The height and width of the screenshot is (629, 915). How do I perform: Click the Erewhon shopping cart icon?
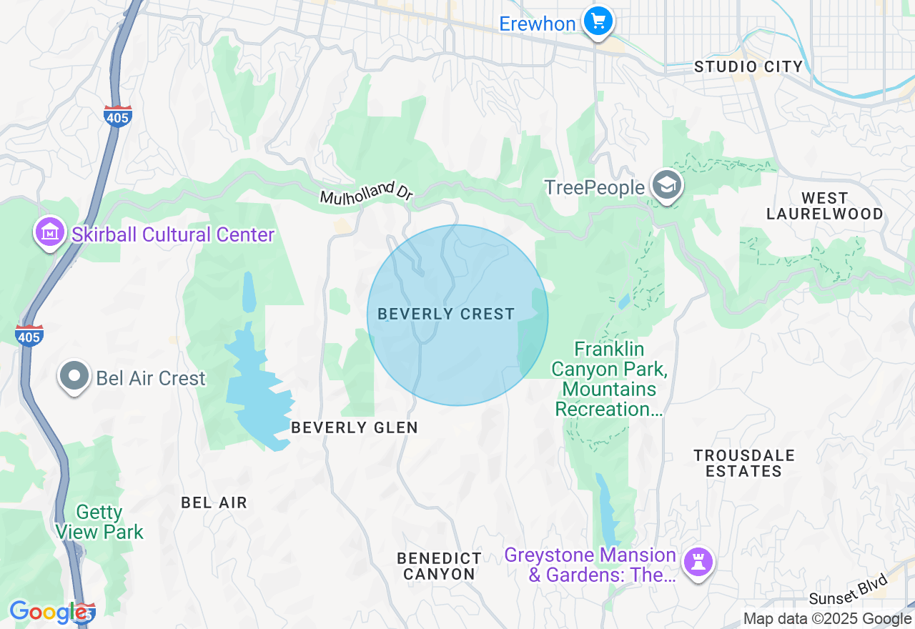click(598, 22)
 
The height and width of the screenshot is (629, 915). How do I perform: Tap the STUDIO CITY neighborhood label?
click(748, 67)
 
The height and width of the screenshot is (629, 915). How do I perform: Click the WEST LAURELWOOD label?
click(824, 206)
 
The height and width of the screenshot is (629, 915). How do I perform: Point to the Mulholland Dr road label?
click(367, 194)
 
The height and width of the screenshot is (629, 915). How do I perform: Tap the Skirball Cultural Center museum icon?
click(50, 232)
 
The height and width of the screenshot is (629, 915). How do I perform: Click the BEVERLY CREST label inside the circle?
click(446, 314)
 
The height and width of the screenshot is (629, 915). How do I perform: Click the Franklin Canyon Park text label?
click(609, 379)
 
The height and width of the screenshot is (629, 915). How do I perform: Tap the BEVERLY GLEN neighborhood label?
click(355, 427)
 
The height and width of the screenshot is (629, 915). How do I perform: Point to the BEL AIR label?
click(214, 502)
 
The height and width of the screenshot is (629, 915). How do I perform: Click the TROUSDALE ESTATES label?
click(743, 463)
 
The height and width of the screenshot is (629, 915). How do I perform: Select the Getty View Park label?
click(99, 522)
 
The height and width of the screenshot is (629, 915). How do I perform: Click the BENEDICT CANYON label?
click(439, 565)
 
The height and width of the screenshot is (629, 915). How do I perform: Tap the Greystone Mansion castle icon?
click(698, 562)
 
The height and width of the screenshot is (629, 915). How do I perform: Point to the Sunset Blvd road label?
click(849, 590)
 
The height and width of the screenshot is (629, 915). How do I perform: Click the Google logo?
click(48, 612)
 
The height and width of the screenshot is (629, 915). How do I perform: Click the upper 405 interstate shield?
click(117, 117)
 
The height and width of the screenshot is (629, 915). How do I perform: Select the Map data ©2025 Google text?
click(827, 619)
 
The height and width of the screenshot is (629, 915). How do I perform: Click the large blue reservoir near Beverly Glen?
click(257, 393)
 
